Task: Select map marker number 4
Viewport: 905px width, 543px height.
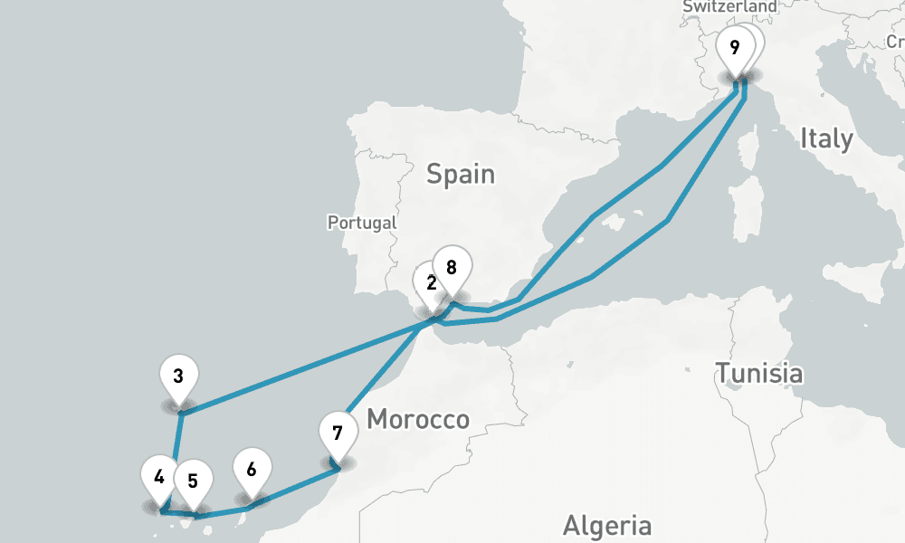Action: click(159, 476)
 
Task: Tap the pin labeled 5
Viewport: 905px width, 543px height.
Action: click(193, 480)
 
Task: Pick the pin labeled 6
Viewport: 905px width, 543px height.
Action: click(251, 470)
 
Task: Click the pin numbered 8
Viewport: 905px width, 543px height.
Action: click(451, 267)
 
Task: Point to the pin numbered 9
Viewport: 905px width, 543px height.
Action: click(734, 47)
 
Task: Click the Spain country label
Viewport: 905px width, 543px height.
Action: click(462, 173)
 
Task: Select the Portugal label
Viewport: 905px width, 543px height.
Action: click(362, 222)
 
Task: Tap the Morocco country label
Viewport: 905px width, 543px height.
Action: click(418, 419)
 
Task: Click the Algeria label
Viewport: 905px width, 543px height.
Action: click(606, 525)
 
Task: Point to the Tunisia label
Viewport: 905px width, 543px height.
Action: click(758, 372)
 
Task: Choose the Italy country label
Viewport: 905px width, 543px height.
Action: click(825, 138)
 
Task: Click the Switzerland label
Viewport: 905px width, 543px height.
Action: click(729, 6)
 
